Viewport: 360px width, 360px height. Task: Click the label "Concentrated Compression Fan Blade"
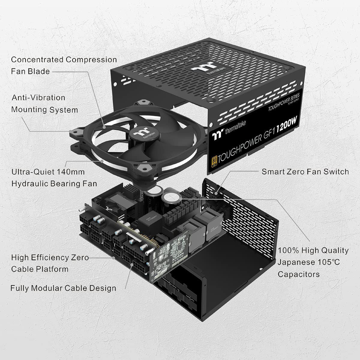(x=64, y=65)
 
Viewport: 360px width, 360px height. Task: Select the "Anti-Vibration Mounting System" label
(x=44, y=103)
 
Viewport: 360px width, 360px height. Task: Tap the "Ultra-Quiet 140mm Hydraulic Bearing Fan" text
(x=54, y=178)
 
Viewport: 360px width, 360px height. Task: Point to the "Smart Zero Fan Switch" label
(x=305, y=172)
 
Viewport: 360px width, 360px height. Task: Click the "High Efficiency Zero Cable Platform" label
(x=50, y=263)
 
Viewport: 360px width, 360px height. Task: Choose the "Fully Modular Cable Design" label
(x=63, y=288)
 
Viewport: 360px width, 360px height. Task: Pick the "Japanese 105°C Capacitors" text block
(x=313, y=262)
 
